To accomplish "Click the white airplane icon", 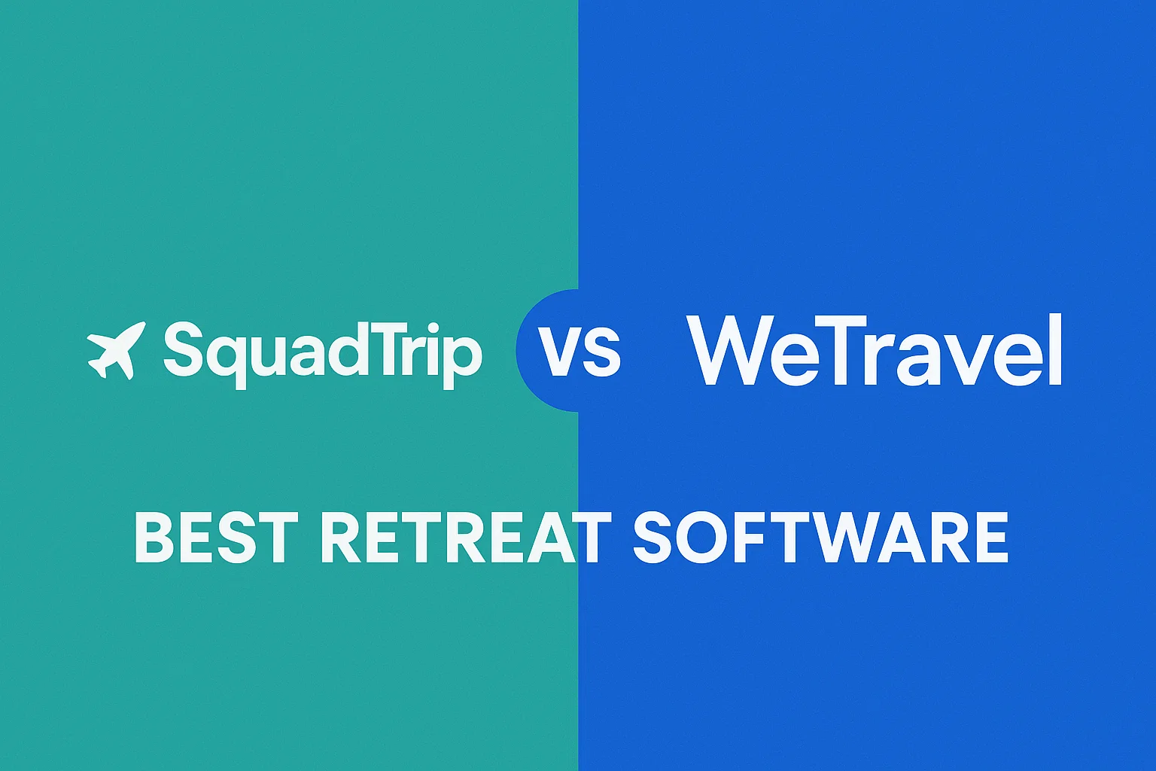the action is pos(116,351).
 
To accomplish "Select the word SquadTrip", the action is pos(323,354).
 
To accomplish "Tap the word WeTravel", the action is pos(875,349).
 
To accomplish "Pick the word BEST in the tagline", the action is pos(216,537).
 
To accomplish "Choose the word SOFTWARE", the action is pos(821,537).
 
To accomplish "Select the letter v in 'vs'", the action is pos(558,352).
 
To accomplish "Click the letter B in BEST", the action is pos(154,537).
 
